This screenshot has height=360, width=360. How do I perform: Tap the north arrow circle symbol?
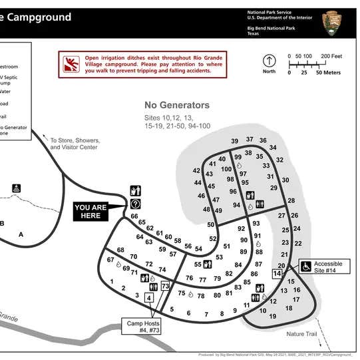269,60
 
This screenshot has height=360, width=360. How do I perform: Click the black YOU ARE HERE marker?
90,212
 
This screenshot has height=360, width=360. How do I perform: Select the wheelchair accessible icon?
306,266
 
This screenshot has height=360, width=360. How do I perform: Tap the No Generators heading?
177,105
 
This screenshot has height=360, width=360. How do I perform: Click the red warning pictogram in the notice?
71,64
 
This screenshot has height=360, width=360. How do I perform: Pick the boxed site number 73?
166,286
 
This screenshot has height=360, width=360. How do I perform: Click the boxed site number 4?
149,297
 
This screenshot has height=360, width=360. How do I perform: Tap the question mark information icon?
136,204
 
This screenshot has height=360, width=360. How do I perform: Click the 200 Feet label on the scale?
331,56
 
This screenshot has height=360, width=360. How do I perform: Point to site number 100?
226,169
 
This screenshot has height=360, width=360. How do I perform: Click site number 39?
235,142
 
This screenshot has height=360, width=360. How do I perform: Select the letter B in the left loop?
2,224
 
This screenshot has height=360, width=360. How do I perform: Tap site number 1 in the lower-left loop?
112,282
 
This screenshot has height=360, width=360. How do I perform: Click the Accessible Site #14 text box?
328,267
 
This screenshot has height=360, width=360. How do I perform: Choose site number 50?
210,224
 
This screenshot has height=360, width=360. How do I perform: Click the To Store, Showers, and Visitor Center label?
75,144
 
